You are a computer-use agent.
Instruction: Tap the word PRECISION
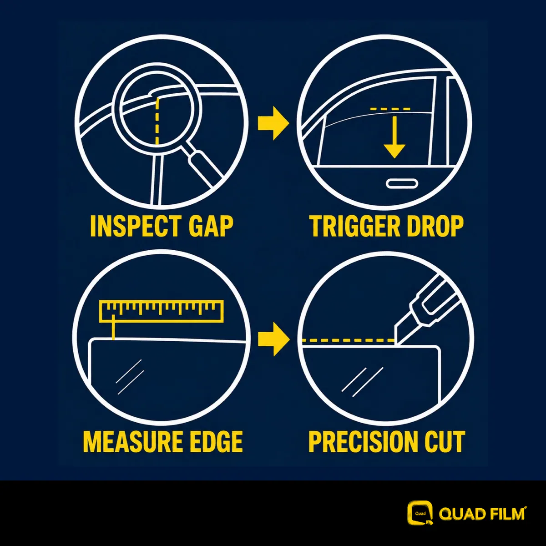pyautogui.click(x=363, y=442)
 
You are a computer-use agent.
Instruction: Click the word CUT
pyautogui.click(x=446, y=442)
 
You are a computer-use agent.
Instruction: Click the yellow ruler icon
pyautogui.click(x=161, y=312)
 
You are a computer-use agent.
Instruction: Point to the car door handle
pyautogui.click(x=402, y=184)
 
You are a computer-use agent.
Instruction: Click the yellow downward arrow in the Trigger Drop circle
pyautogui.click(x=394, y=137)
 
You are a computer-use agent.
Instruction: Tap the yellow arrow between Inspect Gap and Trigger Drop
pyautogui.click(x=273, y=123)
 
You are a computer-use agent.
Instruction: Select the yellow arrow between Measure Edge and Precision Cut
pyautogui.click(x=274, y=339)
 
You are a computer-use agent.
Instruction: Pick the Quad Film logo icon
pyautogui.click(x=420, y=513)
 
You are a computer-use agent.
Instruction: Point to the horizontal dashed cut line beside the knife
pyautogui.click(x=348, y=340)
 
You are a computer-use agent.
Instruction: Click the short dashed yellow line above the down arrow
pyautogui.click(x=390, y=109)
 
